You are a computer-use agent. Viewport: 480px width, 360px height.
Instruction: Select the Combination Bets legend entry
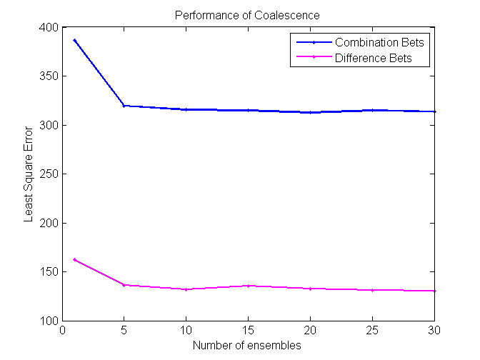pyautogui.click(x=379, y=42)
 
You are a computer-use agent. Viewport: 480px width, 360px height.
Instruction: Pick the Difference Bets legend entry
pyautogui.click(x=373, y=58)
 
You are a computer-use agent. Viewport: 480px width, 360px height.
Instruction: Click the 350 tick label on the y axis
pyautogui.click(x=49, y=76)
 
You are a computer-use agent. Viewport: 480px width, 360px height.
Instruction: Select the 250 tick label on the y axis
pyautogui.click(x=49, y=174)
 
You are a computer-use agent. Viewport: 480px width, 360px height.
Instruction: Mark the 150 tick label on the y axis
pyautogui.click(x=49, y=272)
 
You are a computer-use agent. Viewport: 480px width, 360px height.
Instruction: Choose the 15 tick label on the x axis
pyautogui.click(x=248, y=331)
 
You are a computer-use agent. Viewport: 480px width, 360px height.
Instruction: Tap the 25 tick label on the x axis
pyautogui.click(x=372, y=331)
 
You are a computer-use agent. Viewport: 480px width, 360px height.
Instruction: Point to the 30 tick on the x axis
pyautogui.click(x=434, y=331)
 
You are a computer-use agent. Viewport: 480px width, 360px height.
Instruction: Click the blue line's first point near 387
pyautogui.click(x=74, y=40)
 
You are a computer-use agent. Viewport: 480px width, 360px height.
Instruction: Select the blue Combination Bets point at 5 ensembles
pyautogui.click(x=124, y=106)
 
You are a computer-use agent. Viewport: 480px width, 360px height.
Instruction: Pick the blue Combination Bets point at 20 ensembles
pyautogui.click(x=310, y=112)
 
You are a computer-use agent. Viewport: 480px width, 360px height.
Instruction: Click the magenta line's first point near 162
pyautogui.click(x=74, y=259)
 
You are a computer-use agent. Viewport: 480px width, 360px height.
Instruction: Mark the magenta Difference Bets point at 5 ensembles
pyautogui.click(x=124, y=285)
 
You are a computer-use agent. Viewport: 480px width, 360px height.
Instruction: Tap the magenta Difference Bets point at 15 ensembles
pyautogui.click(x=248, y=286)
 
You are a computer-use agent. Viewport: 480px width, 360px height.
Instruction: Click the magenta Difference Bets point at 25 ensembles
pyautogui.click(x=372, y=290)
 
